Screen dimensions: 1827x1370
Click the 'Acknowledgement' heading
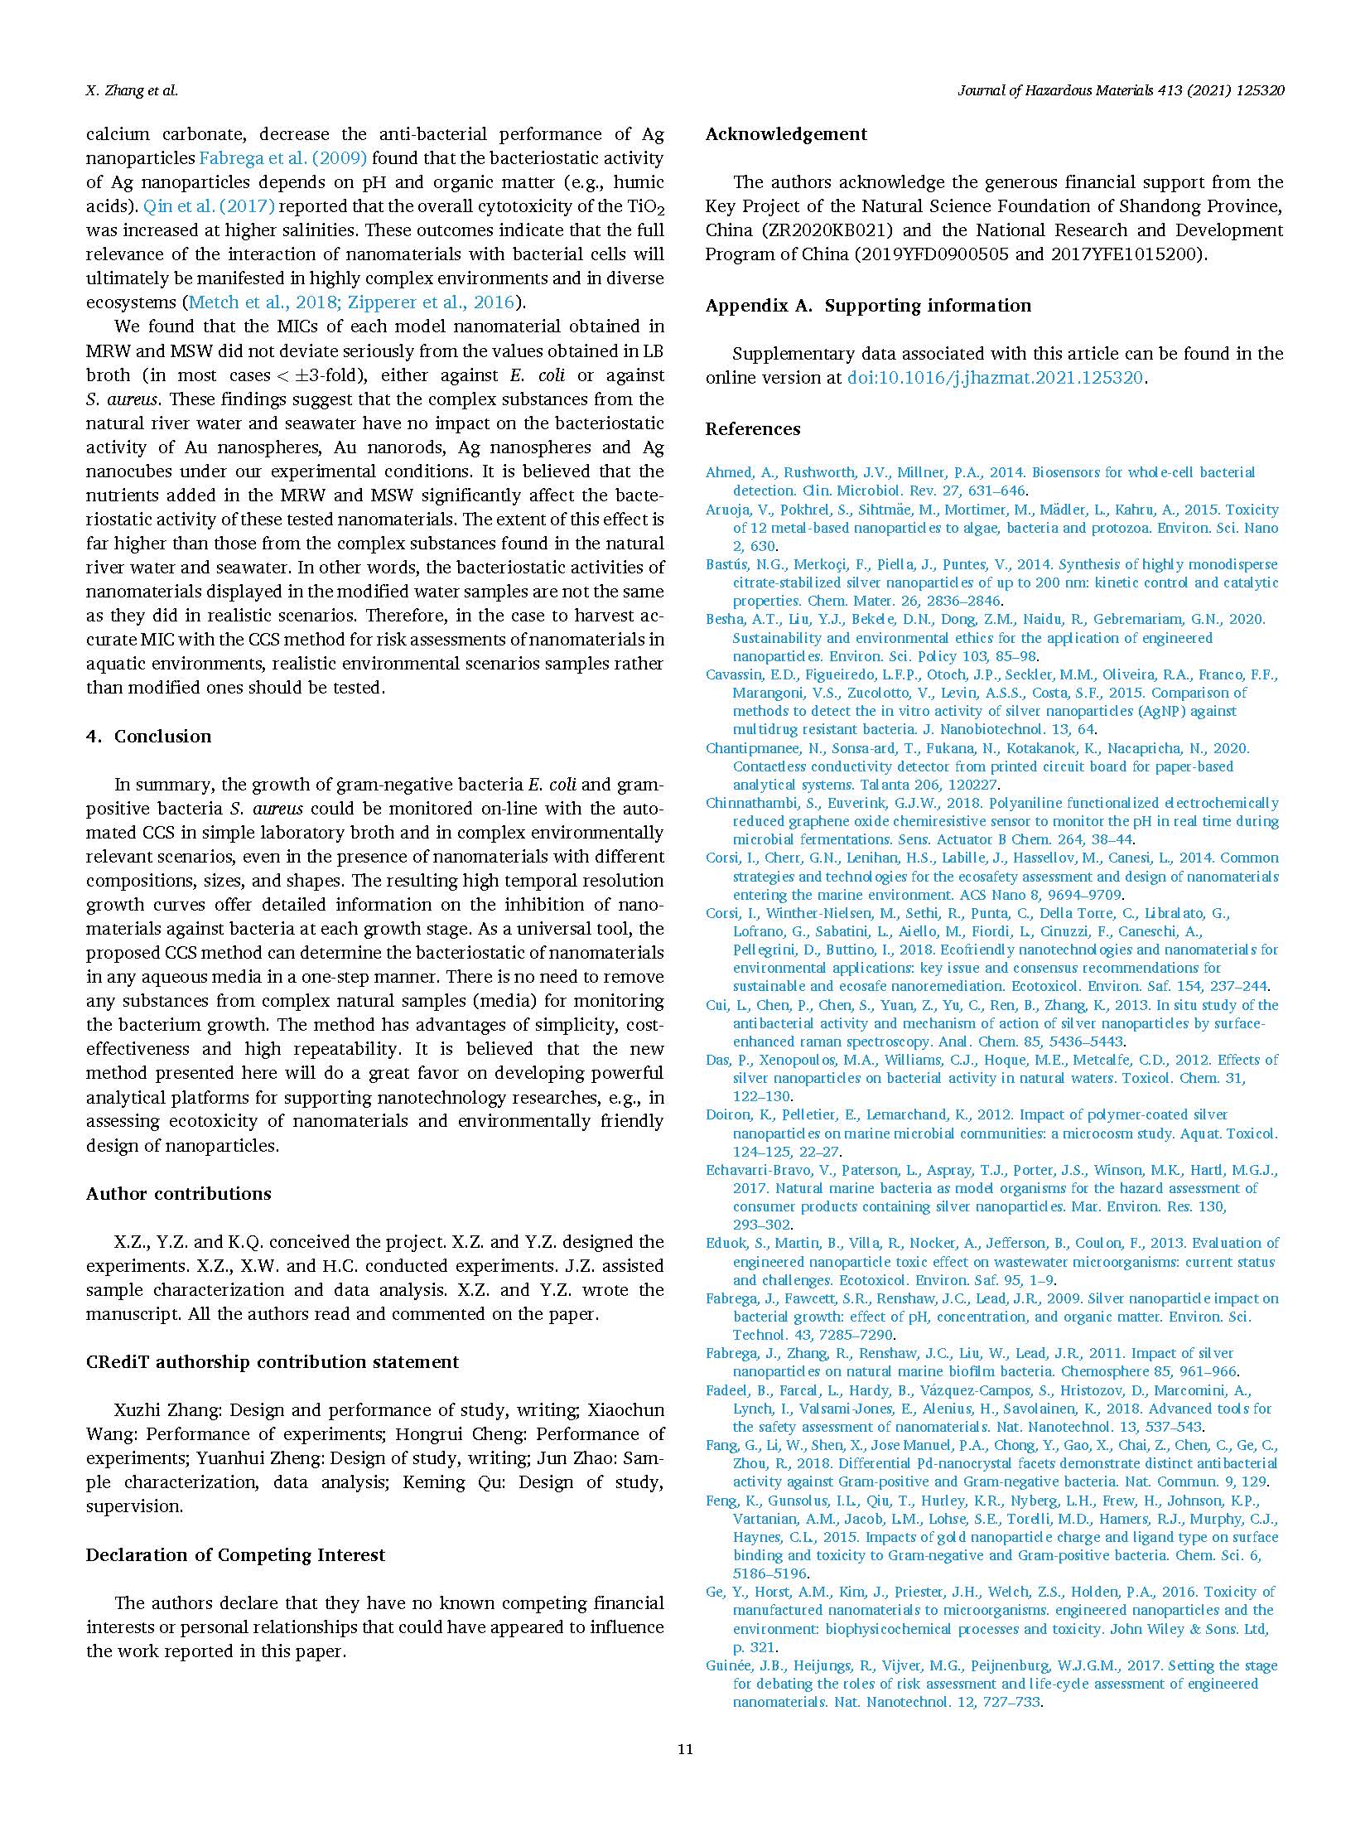[x=786, y=134]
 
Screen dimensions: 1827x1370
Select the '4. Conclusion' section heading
[x=149, y=737]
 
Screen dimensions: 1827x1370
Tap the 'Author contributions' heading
[x=179, y=1194]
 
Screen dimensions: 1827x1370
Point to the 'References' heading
[x=753, y=429]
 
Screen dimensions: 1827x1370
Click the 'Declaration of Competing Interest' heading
[x=236, y=1555]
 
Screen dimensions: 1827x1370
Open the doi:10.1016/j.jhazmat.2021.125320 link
[x=995, y=378]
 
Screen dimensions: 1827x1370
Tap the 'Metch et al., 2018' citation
[x=248, y=302]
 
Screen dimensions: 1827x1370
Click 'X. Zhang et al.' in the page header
[x=132, y=91]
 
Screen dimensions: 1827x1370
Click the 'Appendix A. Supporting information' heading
[x=868, y=306]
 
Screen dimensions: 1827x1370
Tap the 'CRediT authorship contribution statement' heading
[x=273, y=1362]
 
